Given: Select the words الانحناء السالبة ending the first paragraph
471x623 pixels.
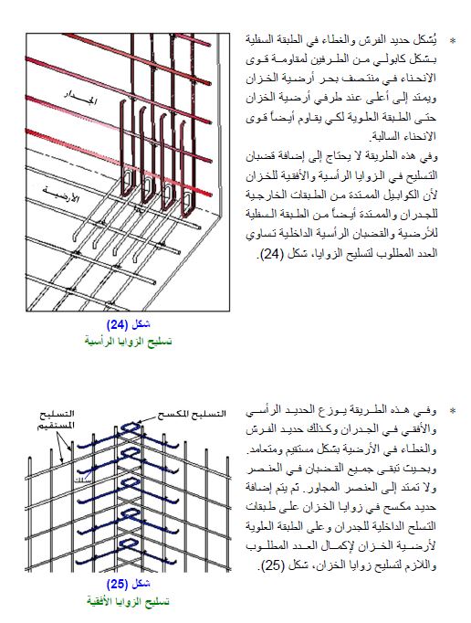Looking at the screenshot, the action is pos(403,134).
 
